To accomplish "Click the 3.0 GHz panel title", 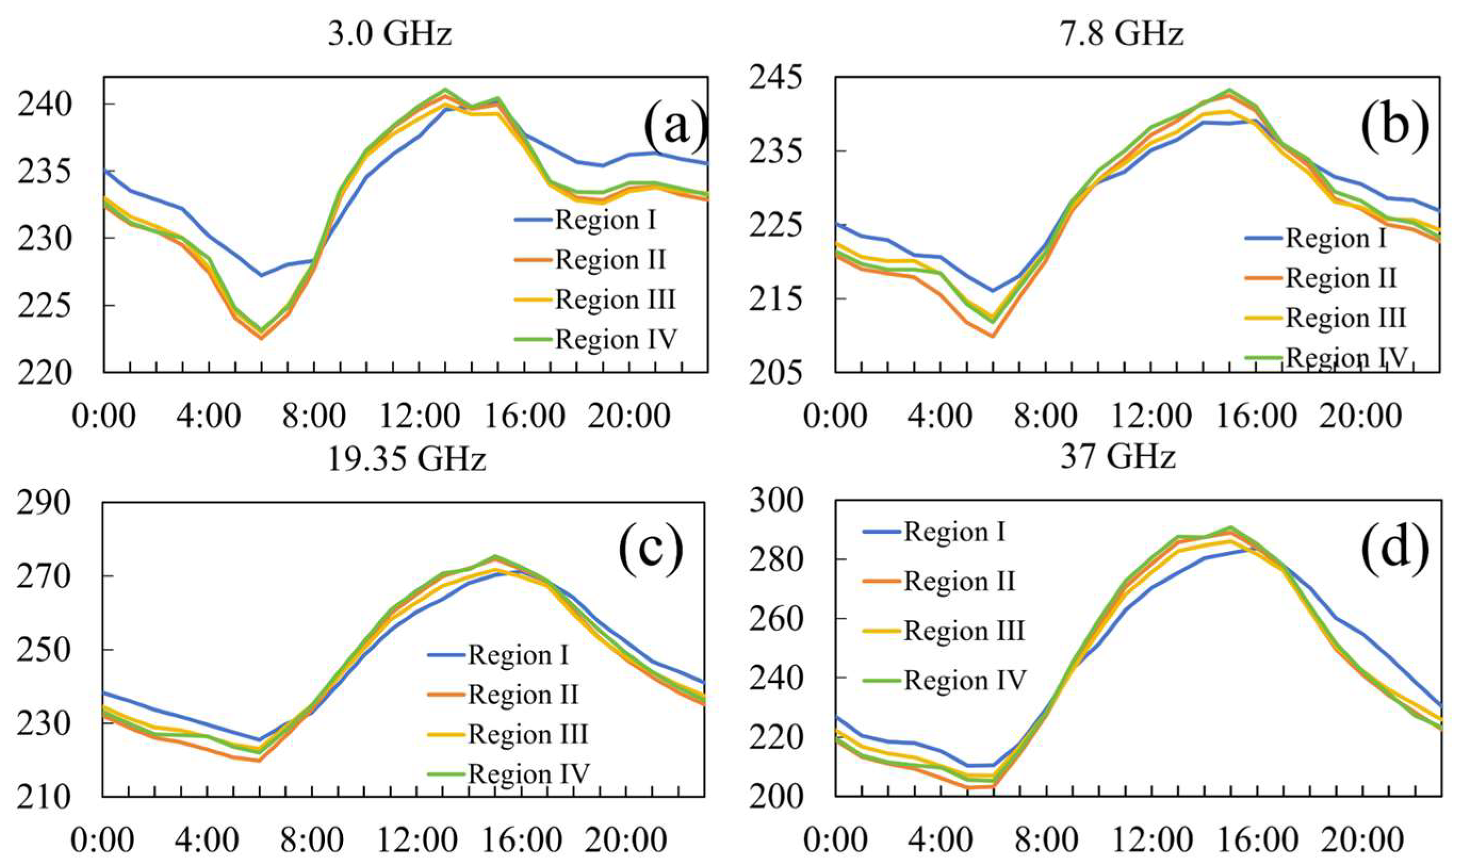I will coord(390,35).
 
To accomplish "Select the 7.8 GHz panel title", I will coord(1121,35).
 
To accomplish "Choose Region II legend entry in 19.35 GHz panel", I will coord(522,695).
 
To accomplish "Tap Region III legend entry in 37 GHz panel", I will coord(964,631).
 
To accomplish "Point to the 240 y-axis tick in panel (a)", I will coord(44,106).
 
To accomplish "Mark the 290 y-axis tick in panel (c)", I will coord(44,503).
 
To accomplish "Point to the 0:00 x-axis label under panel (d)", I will coord(834,841).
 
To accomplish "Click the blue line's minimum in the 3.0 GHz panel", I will coord(261,275).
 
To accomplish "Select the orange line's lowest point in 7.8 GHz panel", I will coord(992,336).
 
